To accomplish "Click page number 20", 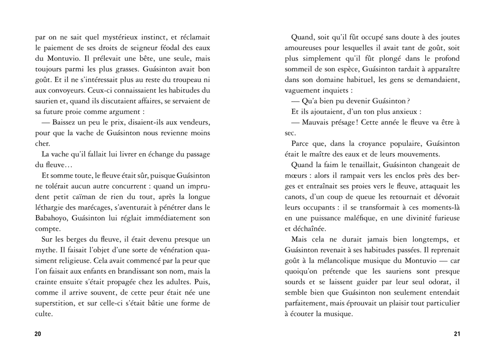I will point(38,333).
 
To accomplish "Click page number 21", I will point(456,333).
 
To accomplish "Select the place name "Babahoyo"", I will point(52,207).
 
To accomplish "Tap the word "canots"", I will point(298,196).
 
